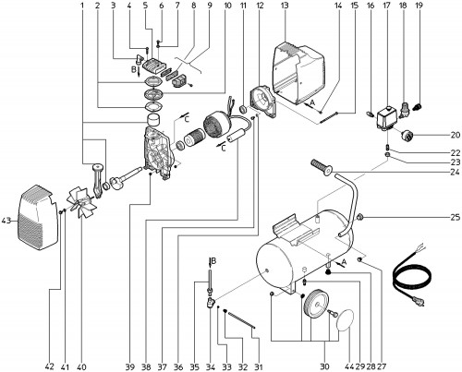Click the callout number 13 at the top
[285, 6]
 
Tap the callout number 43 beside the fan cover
[7, 221]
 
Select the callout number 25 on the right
[455, 218]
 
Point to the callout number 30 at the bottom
[324, 366]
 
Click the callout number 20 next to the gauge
[455, 135]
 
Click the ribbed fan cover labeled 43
[38, 217]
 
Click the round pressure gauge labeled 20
[407, 135]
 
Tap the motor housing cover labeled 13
[298, 74]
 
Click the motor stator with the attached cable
[217, 124]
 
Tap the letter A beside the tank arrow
[344, 262]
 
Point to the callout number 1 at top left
[82, 6]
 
